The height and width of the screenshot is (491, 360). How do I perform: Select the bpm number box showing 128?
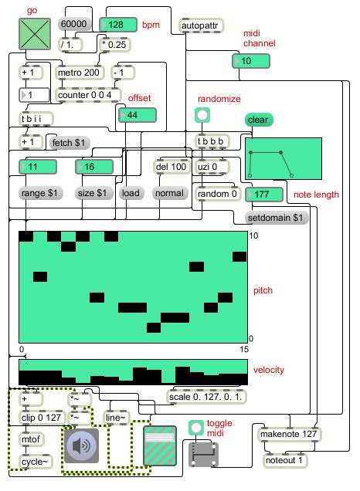click(118, 25)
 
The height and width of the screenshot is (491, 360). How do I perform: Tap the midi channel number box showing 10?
click(249, 61)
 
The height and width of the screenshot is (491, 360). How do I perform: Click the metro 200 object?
click(80, 74)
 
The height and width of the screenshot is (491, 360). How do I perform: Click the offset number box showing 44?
click(137, 115)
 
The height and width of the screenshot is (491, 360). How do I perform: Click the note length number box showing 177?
click(262, 195)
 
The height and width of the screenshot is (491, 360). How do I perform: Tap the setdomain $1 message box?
click(276, 218)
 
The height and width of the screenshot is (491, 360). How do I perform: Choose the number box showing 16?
click(94, 167)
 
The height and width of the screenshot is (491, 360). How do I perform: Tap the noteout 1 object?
click(284, 460)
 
